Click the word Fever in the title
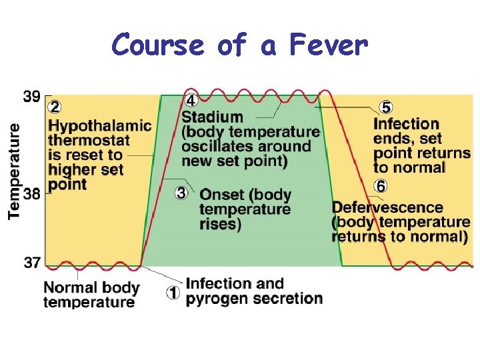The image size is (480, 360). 329,46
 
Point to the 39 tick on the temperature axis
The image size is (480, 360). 32,97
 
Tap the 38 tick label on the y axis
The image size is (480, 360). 32,194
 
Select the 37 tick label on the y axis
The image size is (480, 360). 32,263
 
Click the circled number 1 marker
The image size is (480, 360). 173,292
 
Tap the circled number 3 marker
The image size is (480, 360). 181,193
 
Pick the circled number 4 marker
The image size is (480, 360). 191,101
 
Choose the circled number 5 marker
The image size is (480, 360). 385,107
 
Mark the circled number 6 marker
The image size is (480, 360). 381,186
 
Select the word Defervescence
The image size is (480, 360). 387,207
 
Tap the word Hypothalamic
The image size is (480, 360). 100,126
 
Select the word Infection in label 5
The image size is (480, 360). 406,124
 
